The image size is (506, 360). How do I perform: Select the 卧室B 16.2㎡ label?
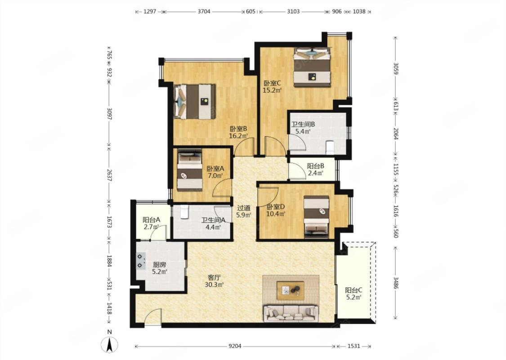pyautogui.click(x=238, y=132)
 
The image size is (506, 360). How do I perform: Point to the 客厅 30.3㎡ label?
pyautogui.click(x=214, y=281)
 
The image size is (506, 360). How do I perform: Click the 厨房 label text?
pyautogui.click(x=159, y=265)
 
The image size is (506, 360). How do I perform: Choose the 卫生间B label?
pyautogui.click(x=303, y=124)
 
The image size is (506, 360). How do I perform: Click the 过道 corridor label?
pyautogui.click(x=243, y=208)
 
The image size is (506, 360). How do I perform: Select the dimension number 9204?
pyautogui.click(x=235, y=346)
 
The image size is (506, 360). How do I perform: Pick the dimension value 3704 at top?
pyautogui.click(x=204, y=12)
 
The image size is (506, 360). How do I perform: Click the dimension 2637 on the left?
pyautogui.click(x=109, y=175)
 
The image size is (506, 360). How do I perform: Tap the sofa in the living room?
pyautogui.click(x=291, y=313)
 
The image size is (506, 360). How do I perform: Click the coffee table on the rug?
pyautogui.click(x=291, y=290)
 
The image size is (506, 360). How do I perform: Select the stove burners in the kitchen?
pyautogui.click(x=140, y=261)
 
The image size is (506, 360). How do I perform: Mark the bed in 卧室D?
pyautogui.click(x=317, y=217)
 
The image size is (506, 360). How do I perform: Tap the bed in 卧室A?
pyautogui.click(x=190, y=171)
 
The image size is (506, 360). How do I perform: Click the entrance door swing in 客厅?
pyautogui.click(x=152, y=316)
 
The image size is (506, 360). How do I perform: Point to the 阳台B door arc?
pyautogui.click(x=297, y=171)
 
